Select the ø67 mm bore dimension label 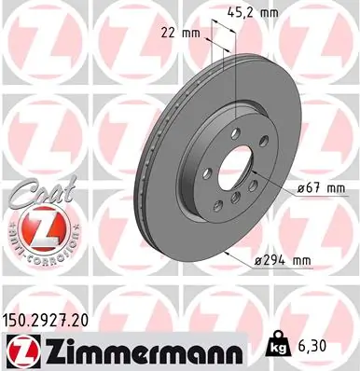[320, 189]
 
